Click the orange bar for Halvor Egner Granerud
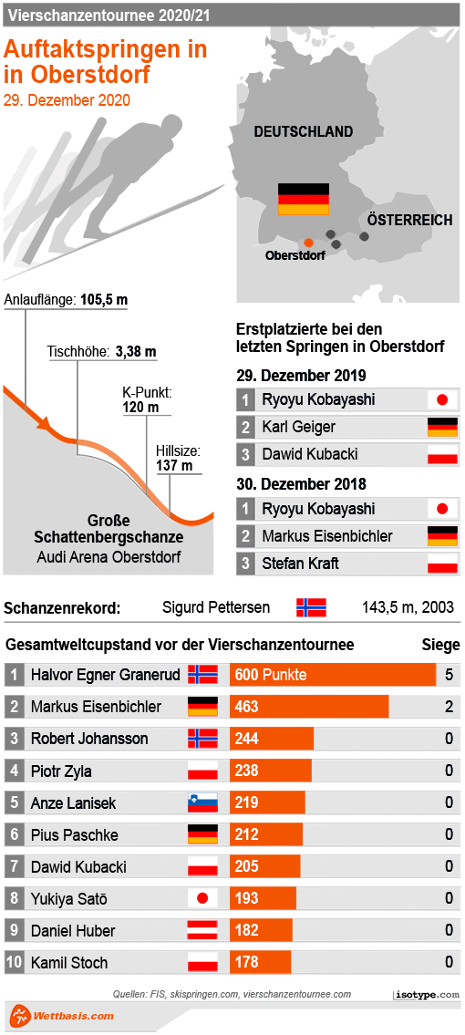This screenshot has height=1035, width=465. [333, 675]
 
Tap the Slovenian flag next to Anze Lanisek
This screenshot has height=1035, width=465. [202, 803]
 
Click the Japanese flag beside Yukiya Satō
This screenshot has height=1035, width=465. [202, 899]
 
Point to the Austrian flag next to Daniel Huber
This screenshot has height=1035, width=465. [202, 931]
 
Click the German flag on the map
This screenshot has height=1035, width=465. [303, 199]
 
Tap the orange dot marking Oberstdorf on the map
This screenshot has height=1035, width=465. [308, 242]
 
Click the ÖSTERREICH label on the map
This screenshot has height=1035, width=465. [410, 221]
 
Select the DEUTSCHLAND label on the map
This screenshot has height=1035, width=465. [303, 132]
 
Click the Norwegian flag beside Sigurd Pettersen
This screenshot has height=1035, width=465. [311, 607]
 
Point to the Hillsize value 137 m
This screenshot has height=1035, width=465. [174, 466]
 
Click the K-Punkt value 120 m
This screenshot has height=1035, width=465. [140, 408]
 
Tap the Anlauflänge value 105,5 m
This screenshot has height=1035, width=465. [103, 300]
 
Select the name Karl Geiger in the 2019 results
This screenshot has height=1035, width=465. [298, 427]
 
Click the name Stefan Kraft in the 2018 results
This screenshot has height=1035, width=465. [300, 564]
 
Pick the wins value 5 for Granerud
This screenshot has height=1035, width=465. [449, 675]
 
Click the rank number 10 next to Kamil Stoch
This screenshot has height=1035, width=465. [14, 963]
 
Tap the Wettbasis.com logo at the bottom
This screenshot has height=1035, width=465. [62, 1015]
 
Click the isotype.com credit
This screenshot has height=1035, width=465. [427, 995]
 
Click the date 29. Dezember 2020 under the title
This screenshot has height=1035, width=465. [67, 100]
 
